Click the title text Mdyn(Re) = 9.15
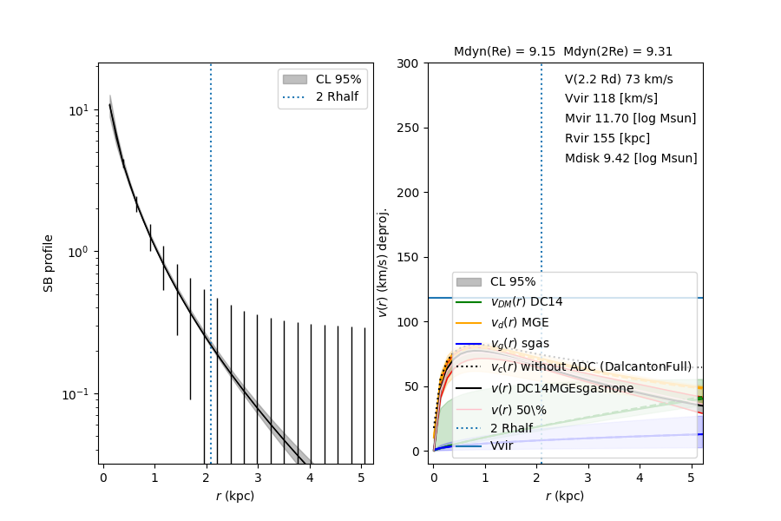click(x=505, y=51)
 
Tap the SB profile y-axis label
click(x=49, y=262)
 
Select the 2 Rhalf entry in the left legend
click(x=338, y=96)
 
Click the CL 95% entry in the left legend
click(x=338, y=79)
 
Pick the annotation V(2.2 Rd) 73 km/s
click(x=619, y=79)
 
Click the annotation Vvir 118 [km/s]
click(x=611, y=99)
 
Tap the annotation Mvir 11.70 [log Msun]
click(x=630, y=118)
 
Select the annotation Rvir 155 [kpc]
click(x=607, y=138)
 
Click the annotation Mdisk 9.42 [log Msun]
click(x=631, y=158)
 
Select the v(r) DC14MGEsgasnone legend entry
click(x=562, y=388)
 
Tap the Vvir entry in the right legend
click(x=502, y=445)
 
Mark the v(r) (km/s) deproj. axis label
click(x=384, y=262)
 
